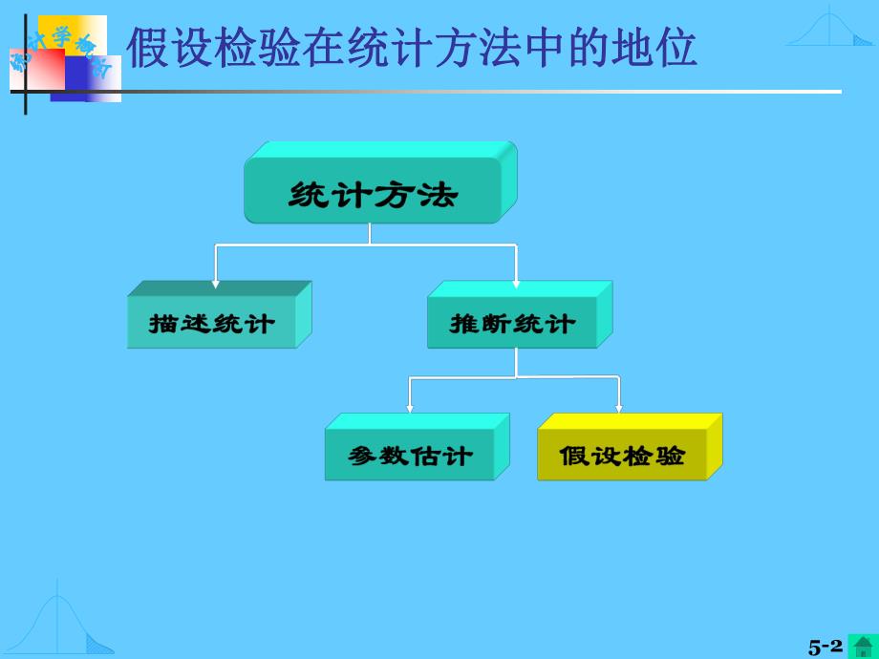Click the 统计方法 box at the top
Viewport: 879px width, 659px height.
tap(373, 196)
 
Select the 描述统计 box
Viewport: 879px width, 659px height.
tap(211, 323)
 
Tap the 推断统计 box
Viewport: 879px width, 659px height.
tap(512, 323)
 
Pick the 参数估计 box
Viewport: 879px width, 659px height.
tap(410, 456)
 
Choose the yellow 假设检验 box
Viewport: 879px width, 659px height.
tap(622, 456)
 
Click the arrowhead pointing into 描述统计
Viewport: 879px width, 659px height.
tap(216, 282)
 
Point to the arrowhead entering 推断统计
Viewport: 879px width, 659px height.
tap(516, 282)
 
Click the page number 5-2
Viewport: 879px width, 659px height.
tap(825, 647)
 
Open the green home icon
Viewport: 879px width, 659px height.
tap(863, 647)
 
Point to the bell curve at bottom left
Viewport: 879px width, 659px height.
tap(62, 626)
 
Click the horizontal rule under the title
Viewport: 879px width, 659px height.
tap(478, 92)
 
